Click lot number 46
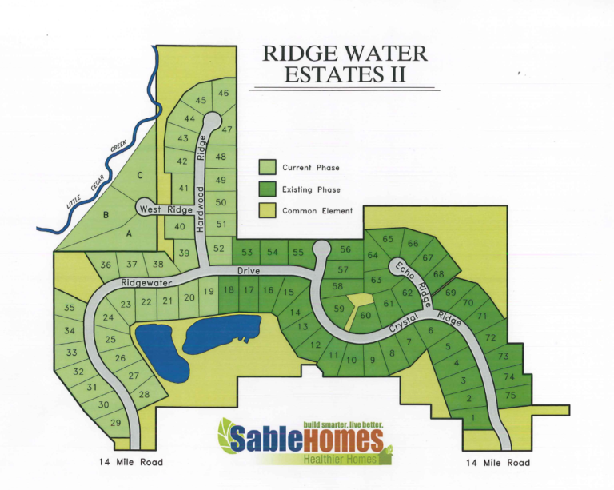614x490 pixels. (x=223, y=94)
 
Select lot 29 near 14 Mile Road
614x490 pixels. (x=116, y=422)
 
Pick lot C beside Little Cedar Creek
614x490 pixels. (x=140, y=175)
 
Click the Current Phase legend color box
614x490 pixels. (x=268, y=167)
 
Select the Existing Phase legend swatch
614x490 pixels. (x=268, y=189)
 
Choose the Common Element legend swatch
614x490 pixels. (x=268, y=210)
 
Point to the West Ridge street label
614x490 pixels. (x=166, y=209)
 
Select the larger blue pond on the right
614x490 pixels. (x=222, y=333)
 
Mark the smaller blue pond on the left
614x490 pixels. (x=161, y=353)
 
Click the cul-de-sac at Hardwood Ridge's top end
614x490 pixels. (x=212, y=120)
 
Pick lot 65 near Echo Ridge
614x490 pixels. (x=388, y=239)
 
